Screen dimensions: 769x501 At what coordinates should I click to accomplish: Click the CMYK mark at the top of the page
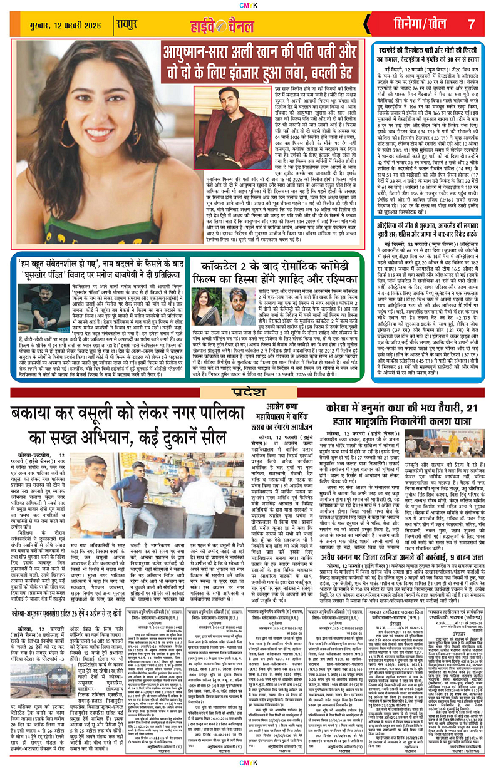250,6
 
